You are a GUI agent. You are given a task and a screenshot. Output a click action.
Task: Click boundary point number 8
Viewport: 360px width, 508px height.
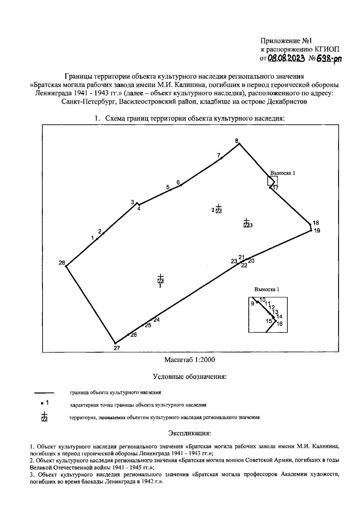tap(239, 144)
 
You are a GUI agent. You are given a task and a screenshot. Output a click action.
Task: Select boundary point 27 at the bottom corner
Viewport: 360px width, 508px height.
tap(115, 343)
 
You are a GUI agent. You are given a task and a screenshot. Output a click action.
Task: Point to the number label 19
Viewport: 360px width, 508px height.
tap(317, 231)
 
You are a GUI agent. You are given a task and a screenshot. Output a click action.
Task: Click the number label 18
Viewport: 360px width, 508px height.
tap(316, 223)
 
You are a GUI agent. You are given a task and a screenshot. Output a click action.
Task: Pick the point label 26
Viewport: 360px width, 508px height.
tap(133, 335)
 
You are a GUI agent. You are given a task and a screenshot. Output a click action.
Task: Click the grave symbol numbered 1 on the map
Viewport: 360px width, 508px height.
tap(160, 279)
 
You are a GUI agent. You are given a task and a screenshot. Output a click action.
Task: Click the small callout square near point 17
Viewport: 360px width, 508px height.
tap(272, 181)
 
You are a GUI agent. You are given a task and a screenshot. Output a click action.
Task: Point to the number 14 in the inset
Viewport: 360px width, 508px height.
tap(279, 316)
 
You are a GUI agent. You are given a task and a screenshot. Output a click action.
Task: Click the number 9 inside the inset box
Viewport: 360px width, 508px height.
tap(253, 303)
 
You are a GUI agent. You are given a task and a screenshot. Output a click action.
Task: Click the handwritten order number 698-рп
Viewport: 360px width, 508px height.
tap(328, 58)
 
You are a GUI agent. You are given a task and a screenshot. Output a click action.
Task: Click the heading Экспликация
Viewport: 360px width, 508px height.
tap(190, 433)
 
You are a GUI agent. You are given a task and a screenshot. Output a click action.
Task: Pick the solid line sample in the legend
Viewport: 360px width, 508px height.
tap(44, 392)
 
